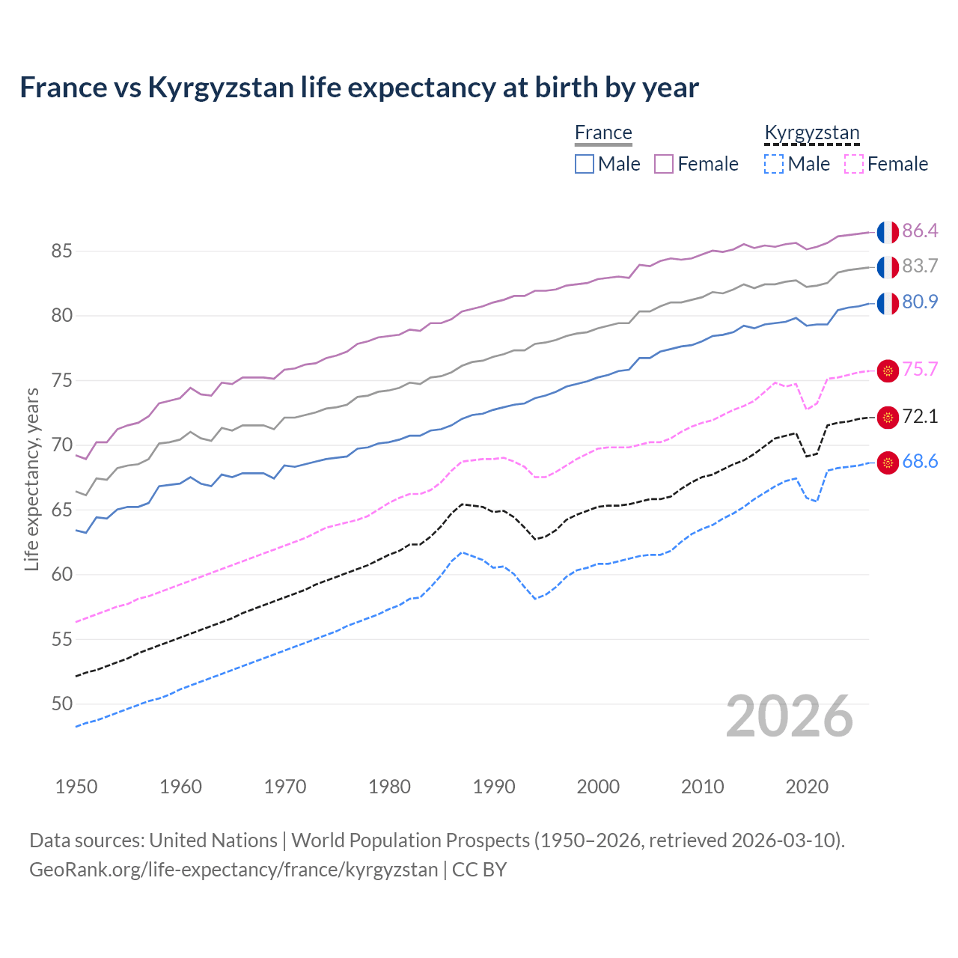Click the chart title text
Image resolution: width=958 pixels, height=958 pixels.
click(359, 88)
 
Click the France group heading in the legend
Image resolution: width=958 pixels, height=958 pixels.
click(603, 132)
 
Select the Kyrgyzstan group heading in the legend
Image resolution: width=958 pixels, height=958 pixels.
click(811, 132)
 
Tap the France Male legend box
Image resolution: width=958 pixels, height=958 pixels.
click(585, 164)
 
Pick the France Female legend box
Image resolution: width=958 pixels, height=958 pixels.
click(664, 164)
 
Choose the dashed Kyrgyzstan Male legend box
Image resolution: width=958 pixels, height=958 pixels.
click(774, 164)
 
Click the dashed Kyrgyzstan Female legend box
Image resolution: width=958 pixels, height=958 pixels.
click(854, 164)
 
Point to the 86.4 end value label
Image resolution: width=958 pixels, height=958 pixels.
click(920, 231)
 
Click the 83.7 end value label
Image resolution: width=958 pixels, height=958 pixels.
click(920, 266)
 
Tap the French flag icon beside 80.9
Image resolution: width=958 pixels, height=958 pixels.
click(888, 303)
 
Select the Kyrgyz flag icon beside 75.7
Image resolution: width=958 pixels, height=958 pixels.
click(888, 370)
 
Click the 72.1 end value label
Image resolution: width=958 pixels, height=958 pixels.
click(920, 416)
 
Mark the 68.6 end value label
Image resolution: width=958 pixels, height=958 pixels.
click(920, 461)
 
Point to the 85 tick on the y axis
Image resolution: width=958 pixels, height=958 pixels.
click(61, 251)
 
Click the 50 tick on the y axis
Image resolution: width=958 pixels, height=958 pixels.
click(61, 704)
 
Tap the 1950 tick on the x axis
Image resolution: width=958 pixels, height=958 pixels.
click(76, 787)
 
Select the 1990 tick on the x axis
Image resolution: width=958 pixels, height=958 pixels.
click(494, 787)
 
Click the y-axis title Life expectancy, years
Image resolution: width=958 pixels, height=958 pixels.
click(31, 479)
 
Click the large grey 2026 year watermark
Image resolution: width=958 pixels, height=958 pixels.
click(790, 716)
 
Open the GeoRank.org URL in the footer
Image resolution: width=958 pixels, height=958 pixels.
click(234, 870)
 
